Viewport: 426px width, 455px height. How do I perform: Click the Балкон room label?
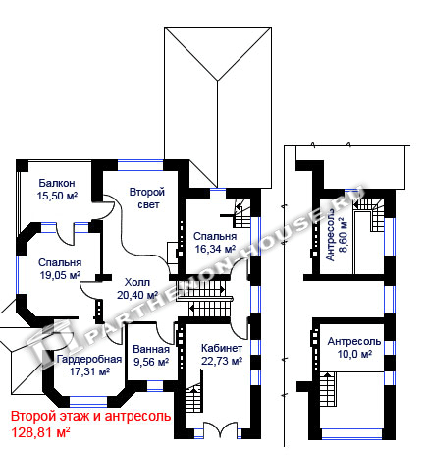(x=57, y=183)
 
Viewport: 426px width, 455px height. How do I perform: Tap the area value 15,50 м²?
(x=57, y=196)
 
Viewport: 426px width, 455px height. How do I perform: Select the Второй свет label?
(x=146, y=199)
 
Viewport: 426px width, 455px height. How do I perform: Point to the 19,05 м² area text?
(x=60, y=275)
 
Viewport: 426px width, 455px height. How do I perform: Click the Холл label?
(x=137, y=282)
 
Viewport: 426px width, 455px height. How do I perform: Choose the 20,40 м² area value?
(x=137, y=295)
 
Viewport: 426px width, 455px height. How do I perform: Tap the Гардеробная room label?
(x=89, y=359)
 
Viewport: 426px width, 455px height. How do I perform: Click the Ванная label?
(x=151, y=349)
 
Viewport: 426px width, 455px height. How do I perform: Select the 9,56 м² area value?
(x=151, y=362)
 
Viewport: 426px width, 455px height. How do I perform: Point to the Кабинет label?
(x=222, y=348)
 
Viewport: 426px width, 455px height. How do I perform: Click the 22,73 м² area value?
(x=222, y=361)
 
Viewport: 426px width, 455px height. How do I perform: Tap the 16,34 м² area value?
(x=215, y=249)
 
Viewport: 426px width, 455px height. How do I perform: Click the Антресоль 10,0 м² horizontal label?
(x=354, y=348)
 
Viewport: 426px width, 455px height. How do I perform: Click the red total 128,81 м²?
(x=41, y=432)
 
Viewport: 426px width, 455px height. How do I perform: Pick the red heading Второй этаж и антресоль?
(x=91, y=417)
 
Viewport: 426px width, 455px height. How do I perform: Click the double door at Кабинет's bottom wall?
(x=220, y=429)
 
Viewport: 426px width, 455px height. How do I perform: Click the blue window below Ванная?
(x=155, y=386)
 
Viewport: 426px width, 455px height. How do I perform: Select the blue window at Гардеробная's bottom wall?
(x=88, y=402)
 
